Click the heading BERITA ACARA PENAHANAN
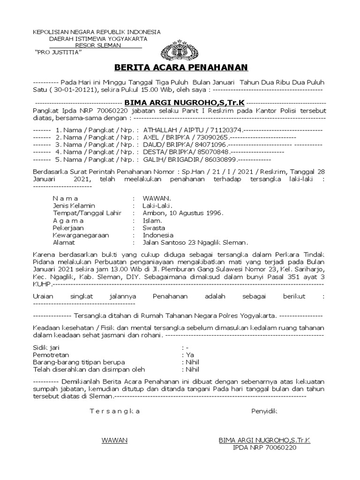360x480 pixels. [180, 67]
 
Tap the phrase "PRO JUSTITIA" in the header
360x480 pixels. [59, 52]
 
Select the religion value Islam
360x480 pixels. [153, 220]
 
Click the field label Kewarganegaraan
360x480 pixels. [81, 235]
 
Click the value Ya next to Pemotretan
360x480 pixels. [190, 355]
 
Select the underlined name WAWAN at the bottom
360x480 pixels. [114, 441]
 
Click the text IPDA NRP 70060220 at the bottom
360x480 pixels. [264, 448]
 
